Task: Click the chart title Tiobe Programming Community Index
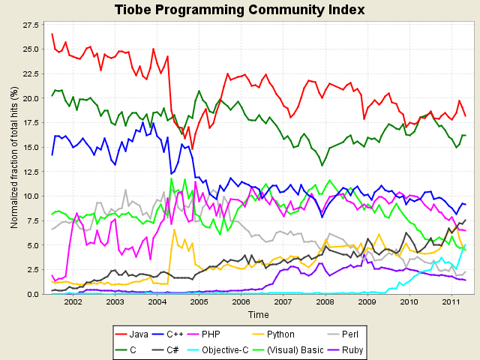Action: [x=240, y=10]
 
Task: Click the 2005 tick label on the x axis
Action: [x=198, y=301]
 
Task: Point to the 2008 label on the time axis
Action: [x=325, y=301]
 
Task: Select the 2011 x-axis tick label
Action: [x=451, y=301]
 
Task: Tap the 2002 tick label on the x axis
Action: [x=73, y=301]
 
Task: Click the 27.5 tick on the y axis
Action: [x=31, y=25]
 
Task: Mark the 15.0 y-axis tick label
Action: [x=31, y=147]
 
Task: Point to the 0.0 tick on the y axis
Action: [x=33, y=294]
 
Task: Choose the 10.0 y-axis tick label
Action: [x=31, y=196]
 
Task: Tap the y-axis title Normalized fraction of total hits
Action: [x=13, y=159]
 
